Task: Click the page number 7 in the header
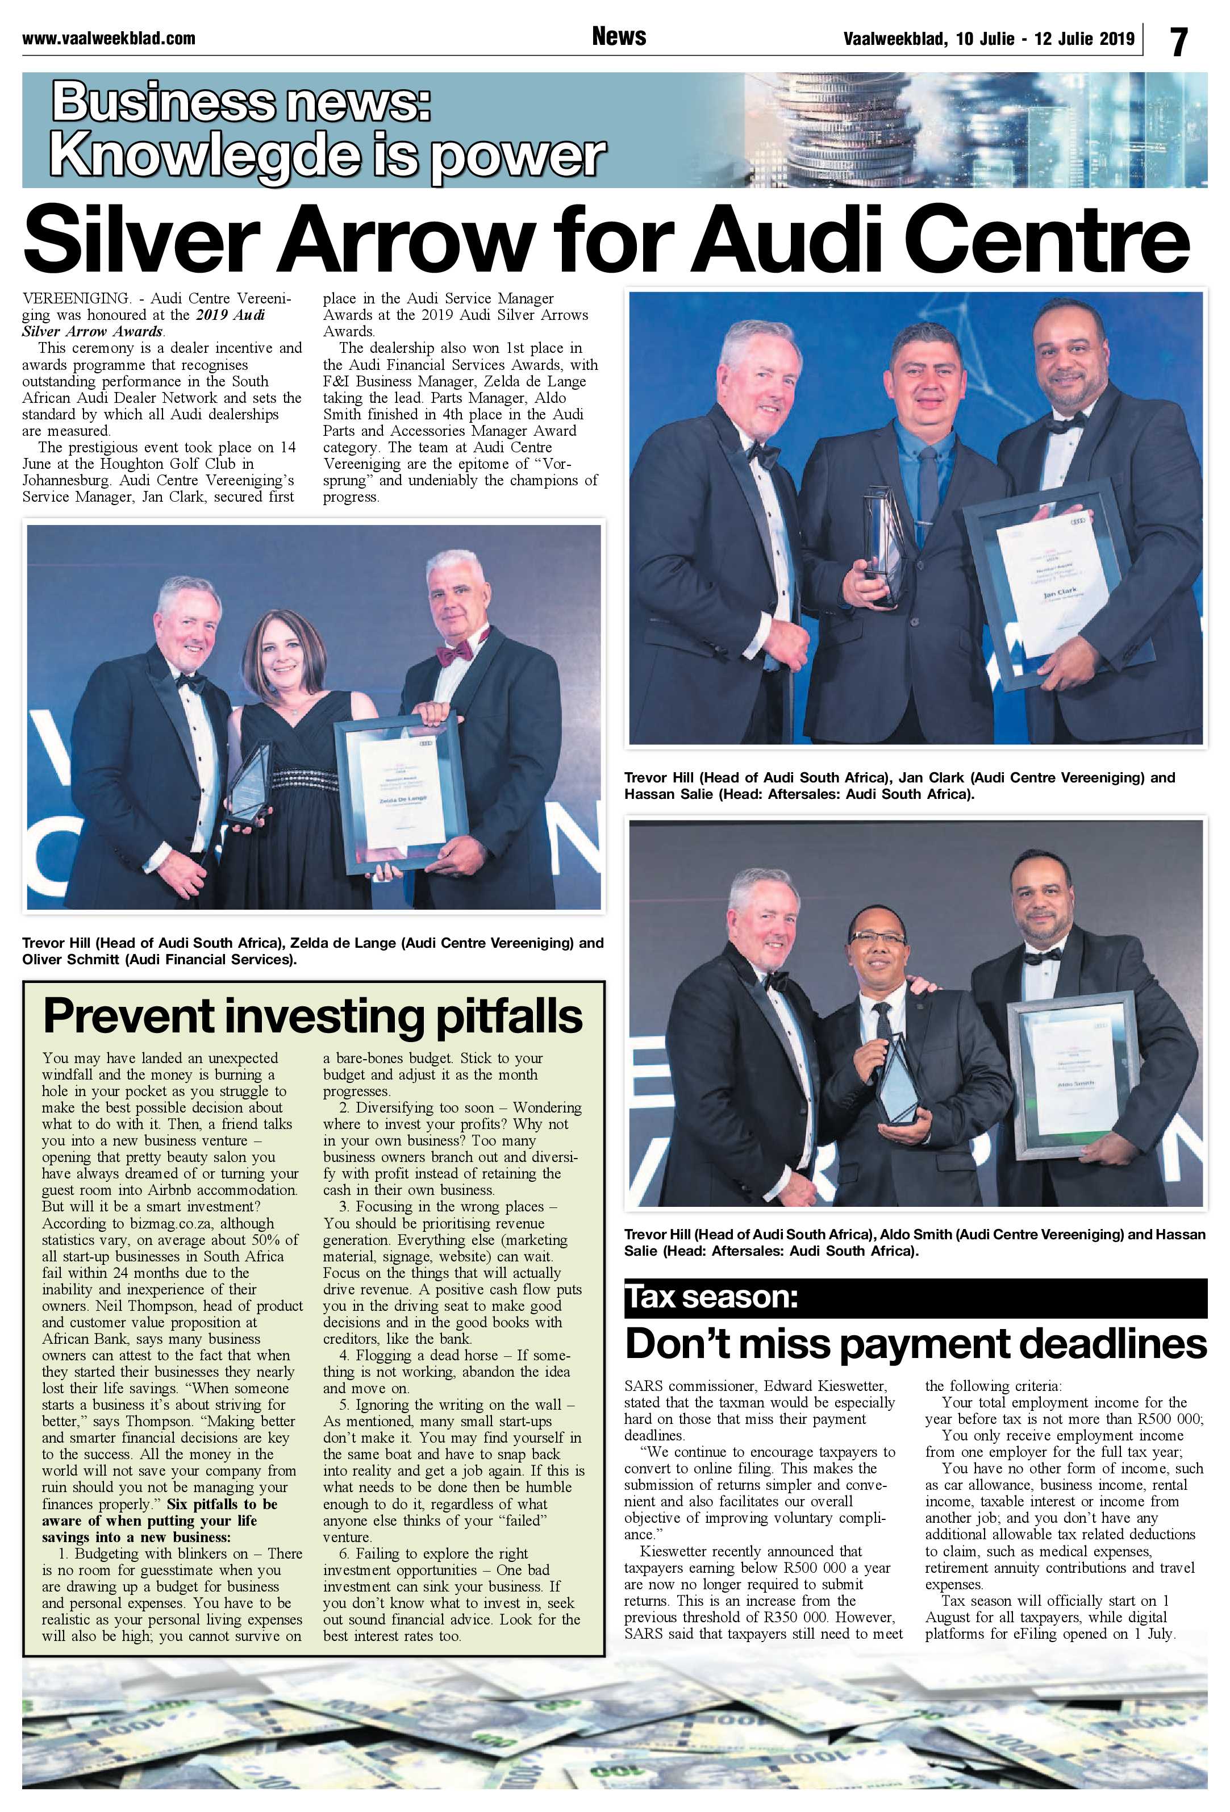1178,40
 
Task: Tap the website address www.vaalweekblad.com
109,38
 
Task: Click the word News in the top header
618,36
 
